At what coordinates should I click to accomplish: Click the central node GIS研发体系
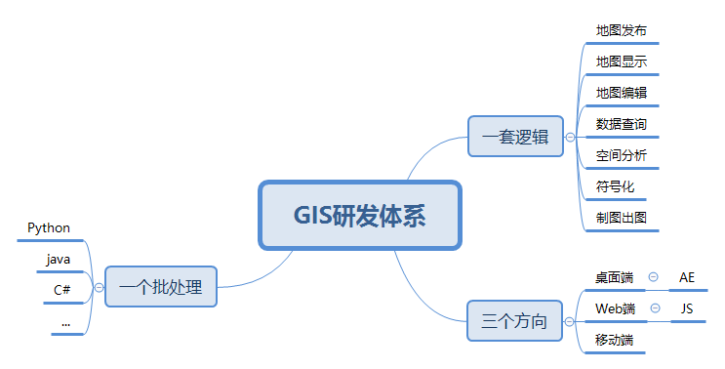coord(359,215)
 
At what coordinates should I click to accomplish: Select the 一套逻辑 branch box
coord(515,137)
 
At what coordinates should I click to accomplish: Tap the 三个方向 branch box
coord(514,320)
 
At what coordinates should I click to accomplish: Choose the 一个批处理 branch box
coord(160,287)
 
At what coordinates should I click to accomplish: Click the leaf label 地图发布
coord(622,30)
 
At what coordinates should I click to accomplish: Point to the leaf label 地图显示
coord(622,61)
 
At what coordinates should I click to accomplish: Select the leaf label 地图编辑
coord(622,93)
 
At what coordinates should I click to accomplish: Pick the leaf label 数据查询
coord(622,124)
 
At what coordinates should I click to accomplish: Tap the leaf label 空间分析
coord(622,155)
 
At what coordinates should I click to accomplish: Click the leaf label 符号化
coord(616,186)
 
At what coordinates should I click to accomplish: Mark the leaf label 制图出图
coord(622,218)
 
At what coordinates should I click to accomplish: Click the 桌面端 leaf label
coord(615,277)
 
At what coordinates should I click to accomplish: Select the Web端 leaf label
coord(616,308)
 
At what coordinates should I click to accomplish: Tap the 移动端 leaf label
coord(615,340)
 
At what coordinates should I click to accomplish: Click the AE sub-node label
coord(687,277)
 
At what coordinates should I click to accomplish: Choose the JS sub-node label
coord(687,308)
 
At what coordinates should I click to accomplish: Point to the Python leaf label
coord(49,227)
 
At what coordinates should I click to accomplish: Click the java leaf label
coord(59,259)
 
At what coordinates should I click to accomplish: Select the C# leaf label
coord(61,290)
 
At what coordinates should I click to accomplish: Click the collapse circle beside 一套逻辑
coord(570,138)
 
